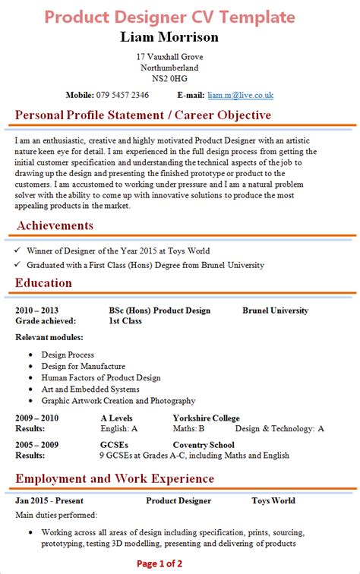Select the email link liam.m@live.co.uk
(x=240, y=95)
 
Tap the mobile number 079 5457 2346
(x=122, y=95)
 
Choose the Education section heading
(x=44, y=283)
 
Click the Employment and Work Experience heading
(x=115, y=479)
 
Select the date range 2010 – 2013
(x=36, y=311)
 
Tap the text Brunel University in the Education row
(x=276, y=311)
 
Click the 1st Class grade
(x=125, y=321)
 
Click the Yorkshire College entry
(x=206, y=418)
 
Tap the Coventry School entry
(x=204, y=445)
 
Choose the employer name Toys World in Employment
(x=273, y=501)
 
